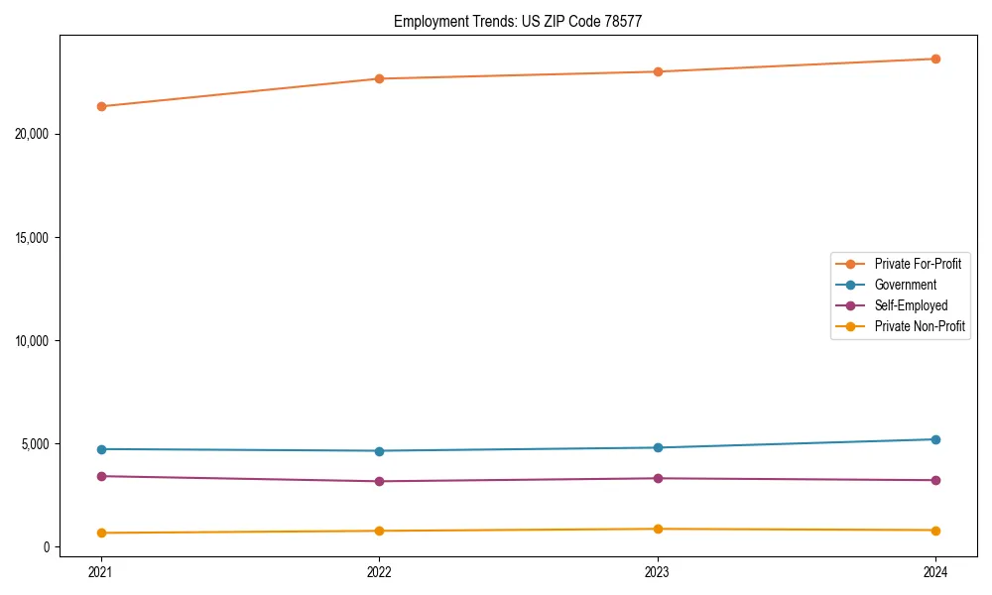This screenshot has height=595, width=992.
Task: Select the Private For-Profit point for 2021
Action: click(x=100, y=106)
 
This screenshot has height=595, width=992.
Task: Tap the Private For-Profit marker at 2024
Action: click(x=935, y=59)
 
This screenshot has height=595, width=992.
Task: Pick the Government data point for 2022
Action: click(x=379, y=451)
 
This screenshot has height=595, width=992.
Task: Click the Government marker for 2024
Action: click(x=935, y=439)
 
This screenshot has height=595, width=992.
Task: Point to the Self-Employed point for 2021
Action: click(x=100, y=476)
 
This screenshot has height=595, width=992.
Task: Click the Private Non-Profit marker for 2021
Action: click(x=100, y=533)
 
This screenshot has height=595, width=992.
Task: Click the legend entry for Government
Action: click(x=905, y=285)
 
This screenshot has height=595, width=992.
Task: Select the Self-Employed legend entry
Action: click(x=911, y=305)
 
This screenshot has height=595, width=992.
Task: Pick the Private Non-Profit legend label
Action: click(x=920, y=326)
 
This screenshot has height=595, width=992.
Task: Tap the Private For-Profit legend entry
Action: click(x=918, y=264)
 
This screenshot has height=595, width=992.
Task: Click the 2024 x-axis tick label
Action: click(x=935, y=571)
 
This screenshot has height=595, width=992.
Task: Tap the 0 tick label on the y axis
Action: click(x=47, y=546)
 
